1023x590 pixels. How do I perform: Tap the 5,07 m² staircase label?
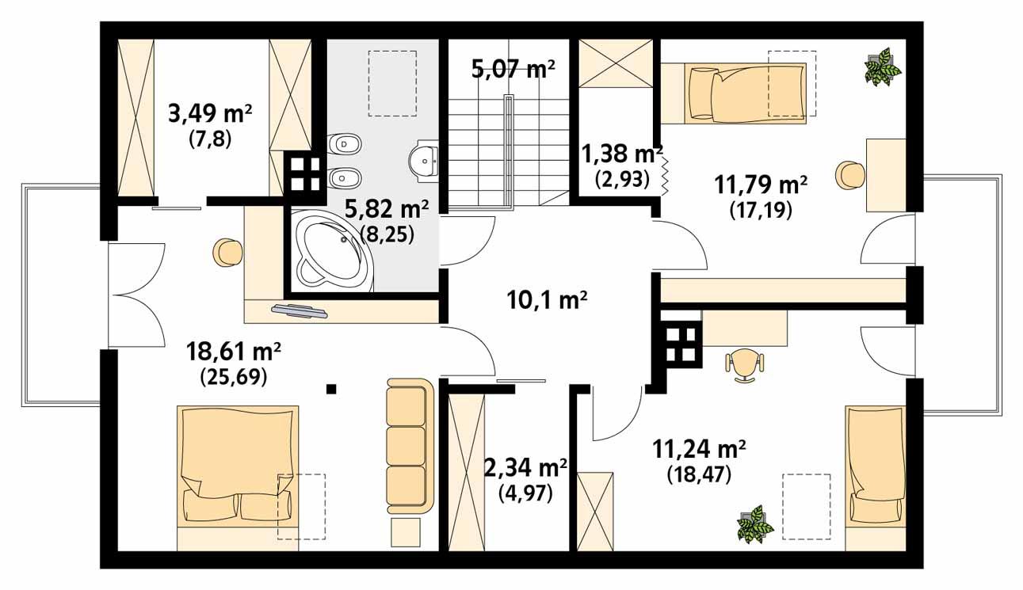[513, 70]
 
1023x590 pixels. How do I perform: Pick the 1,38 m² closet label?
[621, 152]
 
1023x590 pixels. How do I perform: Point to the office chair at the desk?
[744, 365]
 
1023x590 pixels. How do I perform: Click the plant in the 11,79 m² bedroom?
[882, 67]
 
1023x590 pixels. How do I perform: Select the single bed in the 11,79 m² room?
[749, 93]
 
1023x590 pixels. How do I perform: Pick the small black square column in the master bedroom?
[331, 388]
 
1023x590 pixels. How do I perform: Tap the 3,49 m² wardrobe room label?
[210, 113]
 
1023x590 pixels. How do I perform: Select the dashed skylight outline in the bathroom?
[393, 83]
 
